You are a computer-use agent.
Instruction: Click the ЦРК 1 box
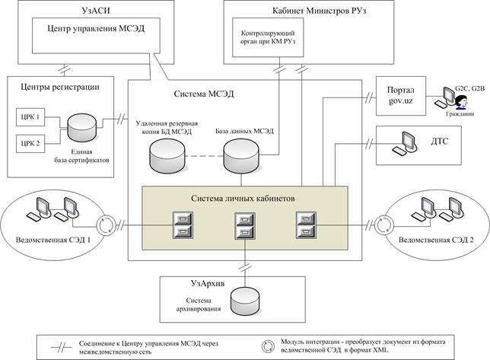click(31, 118)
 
